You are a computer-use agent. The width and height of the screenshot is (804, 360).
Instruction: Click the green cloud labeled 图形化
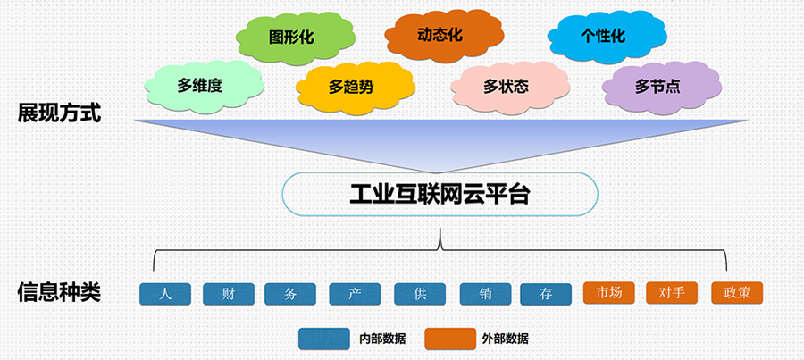tap(296, 38)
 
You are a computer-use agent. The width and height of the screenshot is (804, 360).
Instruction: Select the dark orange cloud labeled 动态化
tap(444, 36)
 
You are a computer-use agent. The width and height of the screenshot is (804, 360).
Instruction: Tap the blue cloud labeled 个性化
tap(607, 37)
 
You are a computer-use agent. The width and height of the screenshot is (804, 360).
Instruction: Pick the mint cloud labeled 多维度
tap(204, 87)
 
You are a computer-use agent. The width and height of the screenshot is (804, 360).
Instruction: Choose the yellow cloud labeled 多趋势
tap(356, 88)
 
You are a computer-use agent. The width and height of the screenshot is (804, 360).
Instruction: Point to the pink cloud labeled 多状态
tap(510, 88)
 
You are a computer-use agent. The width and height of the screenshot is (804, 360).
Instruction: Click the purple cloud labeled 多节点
tap(662, 88)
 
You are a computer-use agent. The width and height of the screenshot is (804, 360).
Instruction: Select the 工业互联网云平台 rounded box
tap(440, 194)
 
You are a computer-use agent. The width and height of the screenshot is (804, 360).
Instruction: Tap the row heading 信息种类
tap(60, 292)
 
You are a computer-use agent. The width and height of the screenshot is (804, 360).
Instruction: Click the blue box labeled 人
tap(165, 294)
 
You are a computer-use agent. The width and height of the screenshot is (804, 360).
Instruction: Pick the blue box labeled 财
tap(229, 294)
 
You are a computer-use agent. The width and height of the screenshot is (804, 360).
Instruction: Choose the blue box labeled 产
tap(355, 294)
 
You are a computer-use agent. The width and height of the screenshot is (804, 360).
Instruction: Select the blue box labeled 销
tap(486, 294)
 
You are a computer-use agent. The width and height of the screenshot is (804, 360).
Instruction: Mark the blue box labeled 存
tap(546, 295)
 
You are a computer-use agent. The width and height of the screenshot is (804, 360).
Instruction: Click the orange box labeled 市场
tap(609, 293)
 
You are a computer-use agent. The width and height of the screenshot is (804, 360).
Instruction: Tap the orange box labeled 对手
tap(672, 293)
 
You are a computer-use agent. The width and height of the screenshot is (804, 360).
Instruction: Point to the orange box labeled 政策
tap(737, 293)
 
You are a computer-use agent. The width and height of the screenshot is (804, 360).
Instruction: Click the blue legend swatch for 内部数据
tap(324, 339)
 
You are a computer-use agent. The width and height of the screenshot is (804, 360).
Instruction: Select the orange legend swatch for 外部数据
tap(450, 339)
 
